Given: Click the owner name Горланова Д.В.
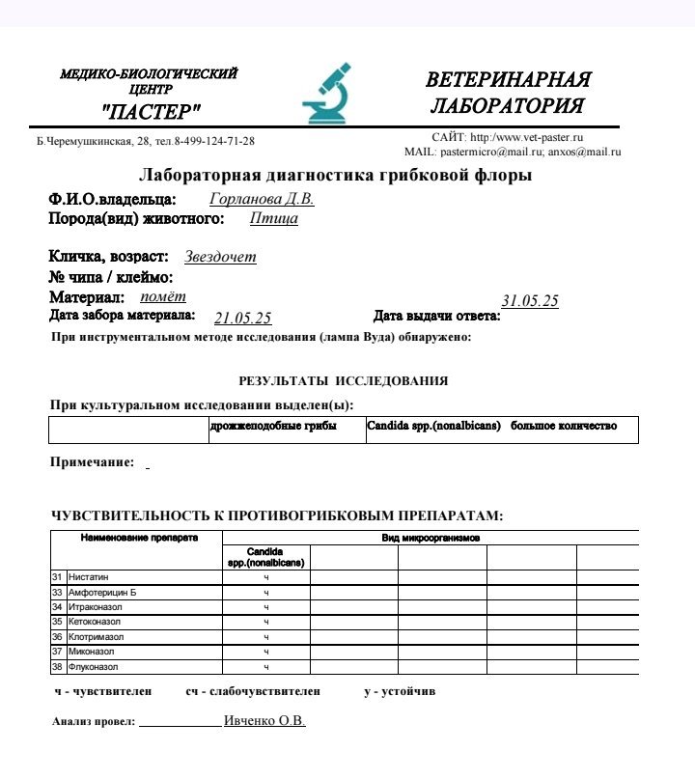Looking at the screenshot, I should point(262,199).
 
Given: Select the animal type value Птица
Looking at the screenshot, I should point(274,218).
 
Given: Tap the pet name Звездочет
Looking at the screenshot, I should point(220,257).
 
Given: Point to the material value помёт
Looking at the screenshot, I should point(163,297).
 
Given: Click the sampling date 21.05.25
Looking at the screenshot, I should point(242,318).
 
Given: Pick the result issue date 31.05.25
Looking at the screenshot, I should point(530,300).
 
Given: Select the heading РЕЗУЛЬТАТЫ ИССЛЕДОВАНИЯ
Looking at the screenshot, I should point(343,381).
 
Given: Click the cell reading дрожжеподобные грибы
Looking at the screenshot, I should point(273,426).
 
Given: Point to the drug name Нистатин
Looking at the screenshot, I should point(89,576).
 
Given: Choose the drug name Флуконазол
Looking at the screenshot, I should point(93,667).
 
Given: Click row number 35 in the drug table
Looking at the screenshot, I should point(57,622).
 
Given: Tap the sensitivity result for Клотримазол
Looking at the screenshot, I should point(266,637).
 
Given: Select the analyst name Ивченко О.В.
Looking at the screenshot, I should point(264,720).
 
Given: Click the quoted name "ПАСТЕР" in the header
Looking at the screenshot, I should point(150,112).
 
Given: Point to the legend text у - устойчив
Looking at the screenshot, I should point(400,691).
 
